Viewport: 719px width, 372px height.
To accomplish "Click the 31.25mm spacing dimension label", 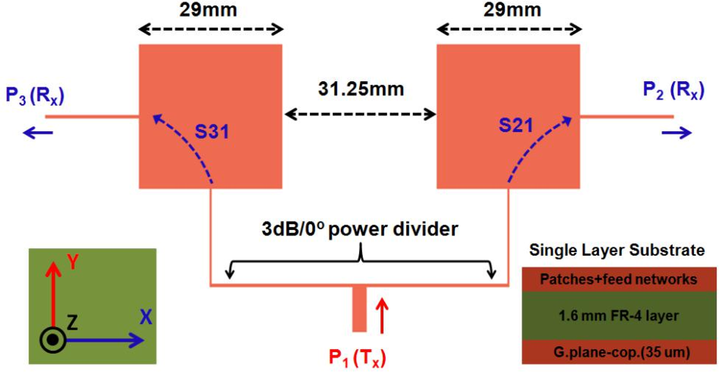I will pos(360,90).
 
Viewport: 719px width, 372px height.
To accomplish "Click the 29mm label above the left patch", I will pos(210,9).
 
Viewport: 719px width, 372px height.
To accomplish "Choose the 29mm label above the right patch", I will pos(508,9).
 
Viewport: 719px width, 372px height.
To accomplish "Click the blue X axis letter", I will pos(145,316).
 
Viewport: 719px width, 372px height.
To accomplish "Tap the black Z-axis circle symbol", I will pos(52,341).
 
